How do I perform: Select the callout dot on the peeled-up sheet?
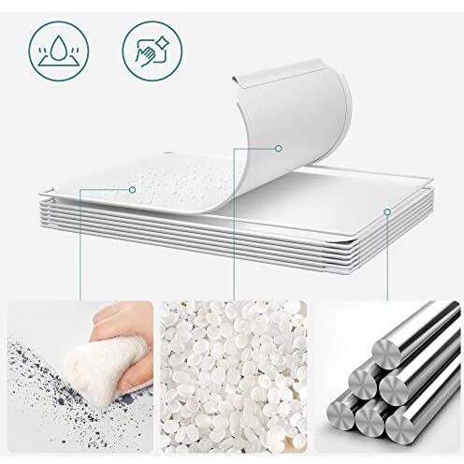pyautogui.click(x=279, y=148)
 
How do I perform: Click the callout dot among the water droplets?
pyautogui.click(x=132, y=189)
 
